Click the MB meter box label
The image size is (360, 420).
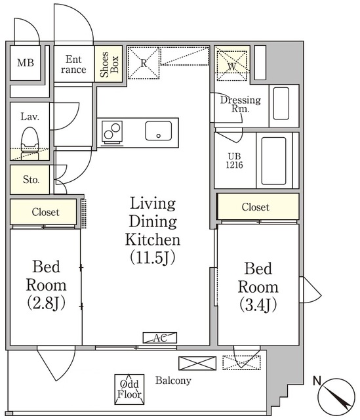click(26, 63)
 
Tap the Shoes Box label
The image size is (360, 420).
click(109, 64)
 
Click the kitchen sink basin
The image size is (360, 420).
click(159, 131)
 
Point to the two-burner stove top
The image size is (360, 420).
click(112, 131)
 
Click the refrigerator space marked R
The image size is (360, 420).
click(144, 63)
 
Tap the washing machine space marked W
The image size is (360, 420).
click(231, 66)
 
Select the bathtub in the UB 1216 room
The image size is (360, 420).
click(273, 161)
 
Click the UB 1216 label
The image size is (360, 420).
click(234, 160)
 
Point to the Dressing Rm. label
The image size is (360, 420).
click(241, 104)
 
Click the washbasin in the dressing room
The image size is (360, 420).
click(281, 104)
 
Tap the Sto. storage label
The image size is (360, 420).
click(31, 179)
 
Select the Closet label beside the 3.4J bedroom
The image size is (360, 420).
click(255, 207)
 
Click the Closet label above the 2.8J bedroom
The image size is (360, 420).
click(45, 212)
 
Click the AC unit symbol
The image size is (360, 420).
click(160, 338)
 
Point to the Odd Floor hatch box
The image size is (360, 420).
click(129, 389)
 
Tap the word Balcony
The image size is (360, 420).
click(173, 381)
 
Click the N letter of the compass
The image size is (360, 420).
click(317, 381)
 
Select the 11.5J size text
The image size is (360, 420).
click(153, 257)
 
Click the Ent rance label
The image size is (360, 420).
click(73, 64)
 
